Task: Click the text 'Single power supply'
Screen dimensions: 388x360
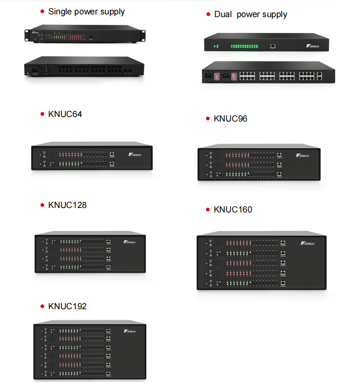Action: [86, 11]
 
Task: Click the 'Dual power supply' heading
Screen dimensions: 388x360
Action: [250, 14]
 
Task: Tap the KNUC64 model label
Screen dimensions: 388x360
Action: [65, 114]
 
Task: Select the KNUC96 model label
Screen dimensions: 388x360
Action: [230, 119]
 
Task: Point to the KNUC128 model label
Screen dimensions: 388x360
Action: [67, 205]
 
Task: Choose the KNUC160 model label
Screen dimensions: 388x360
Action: [233, 210]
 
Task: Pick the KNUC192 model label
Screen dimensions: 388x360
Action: [67, 307]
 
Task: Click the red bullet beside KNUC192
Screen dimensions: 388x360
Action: [42, 307]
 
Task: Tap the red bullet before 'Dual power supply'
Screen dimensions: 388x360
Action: [208, 15]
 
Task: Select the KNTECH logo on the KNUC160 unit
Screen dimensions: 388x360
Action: [307, 243]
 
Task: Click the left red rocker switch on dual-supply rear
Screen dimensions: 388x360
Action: [217, 77]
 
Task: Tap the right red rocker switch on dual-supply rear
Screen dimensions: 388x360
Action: [234, 77]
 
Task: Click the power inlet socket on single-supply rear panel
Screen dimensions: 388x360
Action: [34, 70]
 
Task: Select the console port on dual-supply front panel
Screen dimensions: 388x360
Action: [273, 45]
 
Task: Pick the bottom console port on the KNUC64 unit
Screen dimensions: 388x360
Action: [112, 164]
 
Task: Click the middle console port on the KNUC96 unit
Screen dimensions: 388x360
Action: [279, 164]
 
